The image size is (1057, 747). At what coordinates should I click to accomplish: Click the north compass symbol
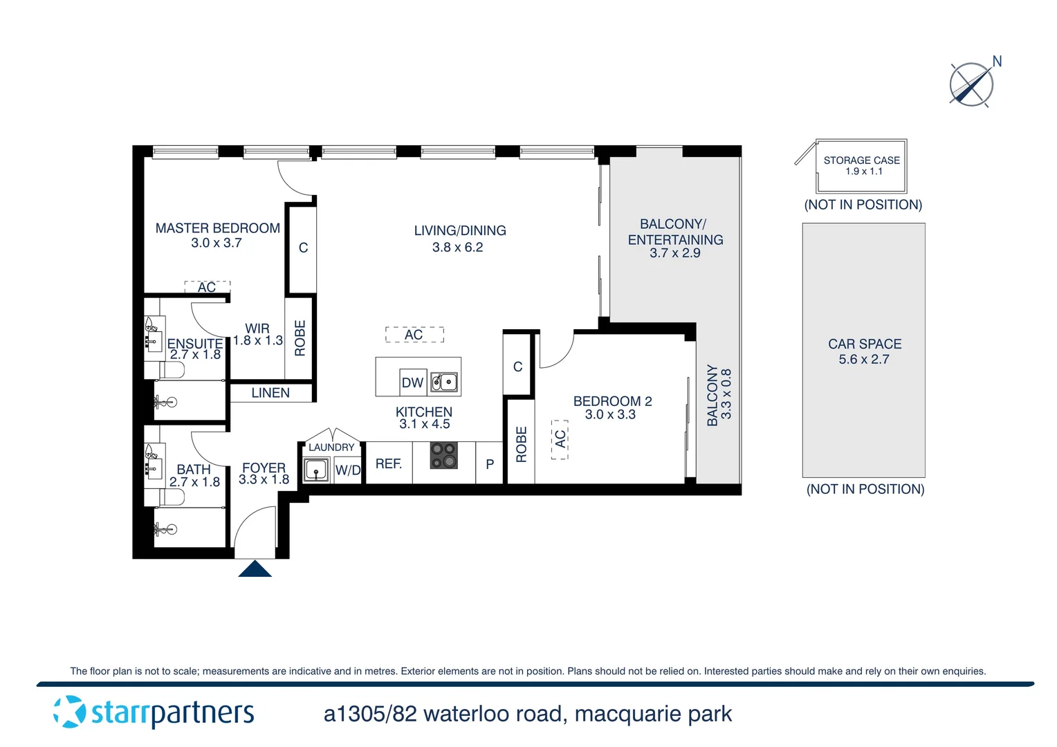pos(972,84)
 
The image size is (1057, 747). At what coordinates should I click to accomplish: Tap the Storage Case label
pos(861,160)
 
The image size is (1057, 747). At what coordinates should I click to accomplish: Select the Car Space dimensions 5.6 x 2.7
pos(863,359)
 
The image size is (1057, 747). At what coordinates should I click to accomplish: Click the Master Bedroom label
pos(217,228)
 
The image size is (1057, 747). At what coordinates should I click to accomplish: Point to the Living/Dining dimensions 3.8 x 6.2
pos(457,247)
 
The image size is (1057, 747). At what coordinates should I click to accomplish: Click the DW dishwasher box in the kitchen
pos(412,382)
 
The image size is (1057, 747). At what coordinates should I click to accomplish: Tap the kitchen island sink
pos(444,382)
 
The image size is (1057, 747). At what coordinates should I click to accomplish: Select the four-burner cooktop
pos(443,456)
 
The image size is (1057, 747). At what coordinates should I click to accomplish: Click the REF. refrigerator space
pos(389,463)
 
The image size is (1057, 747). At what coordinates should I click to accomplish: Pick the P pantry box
pos(489,464)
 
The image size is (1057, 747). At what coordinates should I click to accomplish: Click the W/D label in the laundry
pos(348,470)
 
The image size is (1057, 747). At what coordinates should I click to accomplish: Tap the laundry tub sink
pos(316,471)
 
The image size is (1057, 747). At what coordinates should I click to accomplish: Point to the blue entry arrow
pos(255,569)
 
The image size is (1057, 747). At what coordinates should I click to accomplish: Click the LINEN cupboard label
pos(270,393)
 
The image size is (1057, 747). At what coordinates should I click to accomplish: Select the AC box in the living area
pos(414,335)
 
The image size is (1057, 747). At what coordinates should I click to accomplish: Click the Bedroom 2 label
pos(612,401)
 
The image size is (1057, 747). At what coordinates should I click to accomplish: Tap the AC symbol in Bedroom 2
pos(560,439)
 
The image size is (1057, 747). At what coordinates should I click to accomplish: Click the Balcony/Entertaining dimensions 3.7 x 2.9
pos(674,253)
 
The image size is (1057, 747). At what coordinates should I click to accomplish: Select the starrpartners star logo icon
pos(70,712)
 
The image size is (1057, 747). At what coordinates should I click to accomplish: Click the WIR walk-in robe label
pos(257,329)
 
